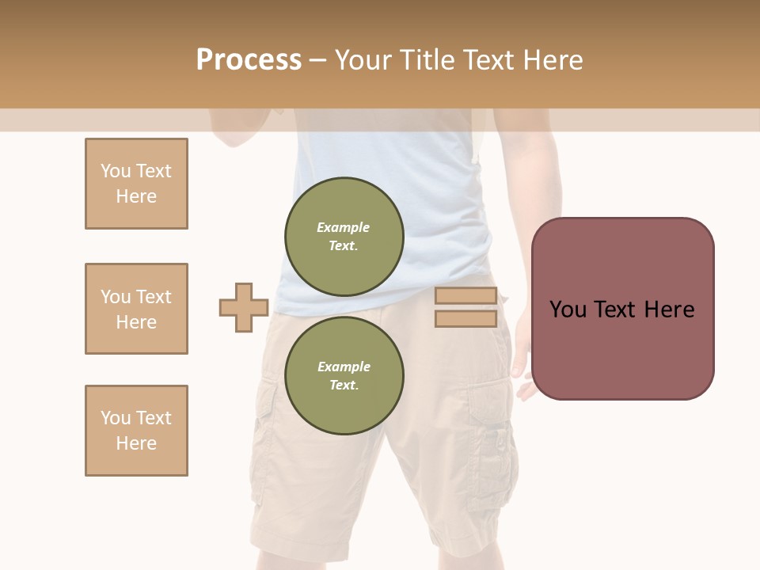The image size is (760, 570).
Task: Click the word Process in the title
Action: click(x=249, y=60)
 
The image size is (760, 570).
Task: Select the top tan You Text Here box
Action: click(x=136, y=184)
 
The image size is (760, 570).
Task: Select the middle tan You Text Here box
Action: click(x=136, y=309)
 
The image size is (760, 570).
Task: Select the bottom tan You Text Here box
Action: click(x=136, y=431)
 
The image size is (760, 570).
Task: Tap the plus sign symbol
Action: click(x=244, y=307)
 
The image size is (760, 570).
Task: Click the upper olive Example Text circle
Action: click(x=344, y=237)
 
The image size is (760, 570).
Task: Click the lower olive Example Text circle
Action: click(x=344, y=376)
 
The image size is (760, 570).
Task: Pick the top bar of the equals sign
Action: click(x=465, y=296)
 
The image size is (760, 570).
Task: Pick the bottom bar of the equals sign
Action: click(x=465, y=319)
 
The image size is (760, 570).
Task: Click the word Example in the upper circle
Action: click(x=344, y=227)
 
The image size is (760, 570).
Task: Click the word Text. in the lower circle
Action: click(x=344, y=386)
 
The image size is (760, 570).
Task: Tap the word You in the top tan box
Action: click(x=115, y=171)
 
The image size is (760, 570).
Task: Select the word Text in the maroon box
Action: click(x=617, y=310)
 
